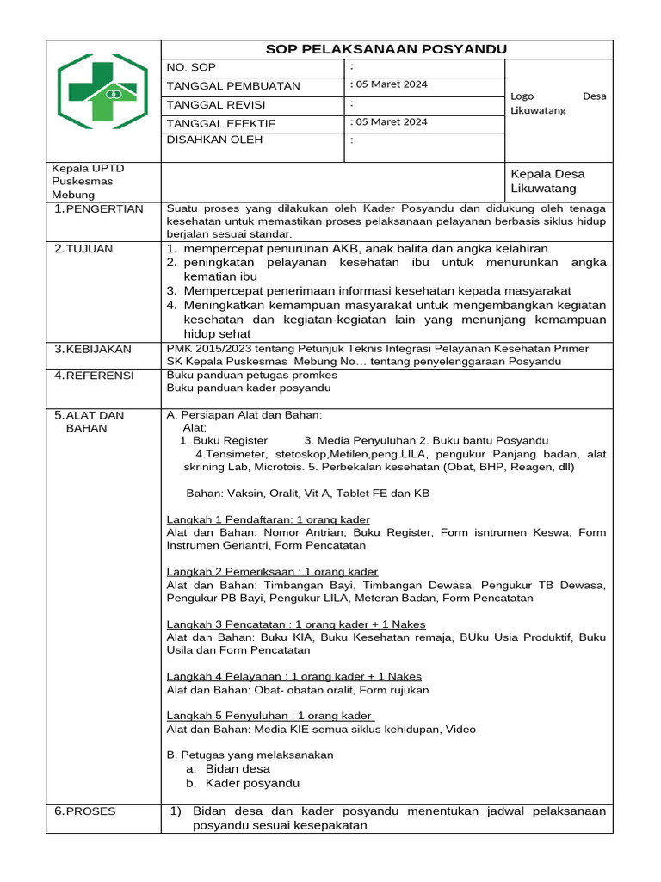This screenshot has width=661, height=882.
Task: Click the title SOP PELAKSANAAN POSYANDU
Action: click(386, 49)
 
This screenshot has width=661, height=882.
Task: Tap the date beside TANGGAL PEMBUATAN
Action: click(390, 84)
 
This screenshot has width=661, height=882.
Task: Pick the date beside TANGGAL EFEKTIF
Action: click(390, 122)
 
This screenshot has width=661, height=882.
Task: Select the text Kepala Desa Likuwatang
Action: click(547, 181)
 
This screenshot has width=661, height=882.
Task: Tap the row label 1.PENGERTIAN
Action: click(98, 209)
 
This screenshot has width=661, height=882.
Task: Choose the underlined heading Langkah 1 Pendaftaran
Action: click(268, 519)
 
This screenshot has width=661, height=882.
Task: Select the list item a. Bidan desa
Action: click(228, 768)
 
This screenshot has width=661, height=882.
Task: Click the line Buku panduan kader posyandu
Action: click(249, 388)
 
